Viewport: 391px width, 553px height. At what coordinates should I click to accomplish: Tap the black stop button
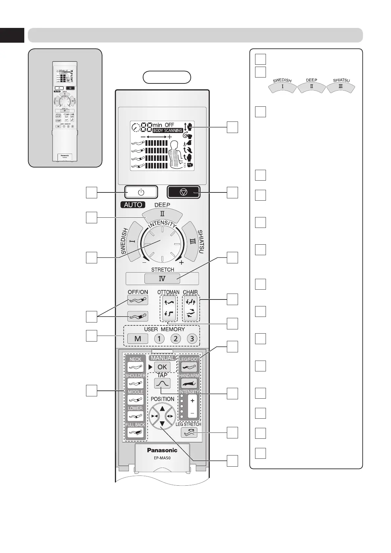184,192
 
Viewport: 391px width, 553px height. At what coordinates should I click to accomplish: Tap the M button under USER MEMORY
138,339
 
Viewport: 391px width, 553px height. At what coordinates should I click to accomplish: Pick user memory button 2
176,339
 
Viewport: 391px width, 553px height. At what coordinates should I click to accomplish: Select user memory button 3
192,339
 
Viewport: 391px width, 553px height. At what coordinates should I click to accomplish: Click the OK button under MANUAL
162,367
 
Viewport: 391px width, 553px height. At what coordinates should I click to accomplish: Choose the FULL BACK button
135,432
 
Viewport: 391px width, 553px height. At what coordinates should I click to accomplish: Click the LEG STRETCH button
189,433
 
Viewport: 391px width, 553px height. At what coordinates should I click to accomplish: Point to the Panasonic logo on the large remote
162,450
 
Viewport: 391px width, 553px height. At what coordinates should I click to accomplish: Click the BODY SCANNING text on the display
167,130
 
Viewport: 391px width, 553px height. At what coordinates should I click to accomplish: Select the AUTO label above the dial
133,205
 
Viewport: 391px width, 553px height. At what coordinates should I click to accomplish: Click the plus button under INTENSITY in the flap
192,401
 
